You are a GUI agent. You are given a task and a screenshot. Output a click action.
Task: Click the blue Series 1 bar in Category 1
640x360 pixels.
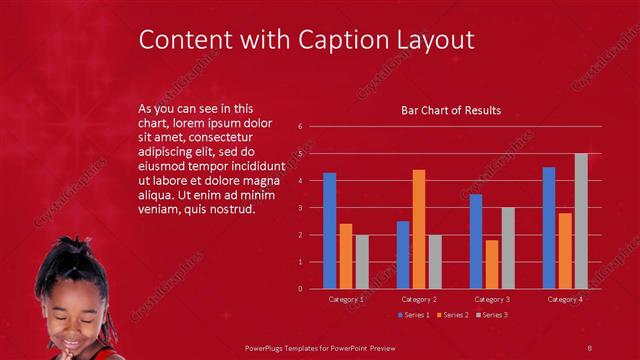click(330, 231)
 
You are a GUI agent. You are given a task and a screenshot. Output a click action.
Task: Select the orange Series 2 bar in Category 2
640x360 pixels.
click(419, 229)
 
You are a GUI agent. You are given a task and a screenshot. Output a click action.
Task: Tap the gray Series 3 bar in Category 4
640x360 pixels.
click(581, 221)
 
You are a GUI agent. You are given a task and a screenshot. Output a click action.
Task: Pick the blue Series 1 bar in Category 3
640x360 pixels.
click(476, 241)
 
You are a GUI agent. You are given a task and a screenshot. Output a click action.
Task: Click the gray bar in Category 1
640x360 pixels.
click(362, 262)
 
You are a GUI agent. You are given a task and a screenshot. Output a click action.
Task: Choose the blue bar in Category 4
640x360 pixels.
click(549, 228)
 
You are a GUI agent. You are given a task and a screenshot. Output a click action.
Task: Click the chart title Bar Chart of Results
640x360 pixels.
click(451, 110)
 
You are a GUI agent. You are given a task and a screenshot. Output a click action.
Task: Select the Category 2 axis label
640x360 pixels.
click(419, 299)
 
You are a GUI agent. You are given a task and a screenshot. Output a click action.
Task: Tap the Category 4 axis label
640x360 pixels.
click(565, 299)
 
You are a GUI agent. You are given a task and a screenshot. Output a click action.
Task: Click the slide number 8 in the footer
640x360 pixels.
click(590, 347)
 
